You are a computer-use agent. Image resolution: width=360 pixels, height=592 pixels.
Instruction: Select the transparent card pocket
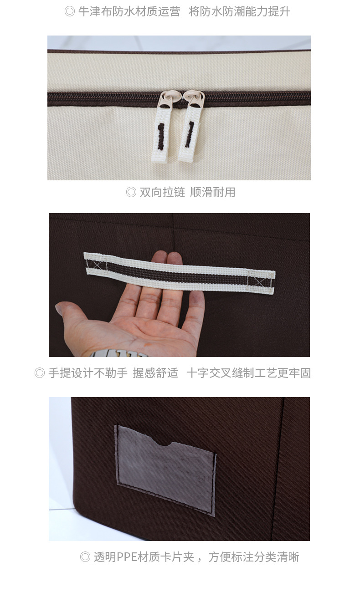[165, 469]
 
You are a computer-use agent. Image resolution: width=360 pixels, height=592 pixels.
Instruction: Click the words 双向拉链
[162, 192]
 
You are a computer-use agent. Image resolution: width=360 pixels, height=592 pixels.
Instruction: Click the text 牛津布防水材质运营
[129, 11]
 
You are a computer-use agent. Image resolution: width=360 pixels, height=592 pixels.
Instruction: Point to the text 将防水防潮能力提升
[239, 11]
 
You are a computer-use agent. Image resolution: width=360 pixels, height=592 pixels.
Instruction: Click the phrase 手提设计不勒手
[88, 373]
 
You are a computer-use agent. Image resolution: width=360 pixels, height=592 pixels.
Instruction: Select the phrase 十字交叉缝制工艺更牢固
[248, 373]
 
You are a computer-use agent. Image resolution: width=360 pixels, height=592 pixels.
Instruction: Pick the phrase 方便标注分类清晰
[254, 557]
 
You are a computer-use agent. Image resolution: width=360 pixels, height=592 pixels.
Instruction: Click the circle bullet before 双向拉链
[131, 192]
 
